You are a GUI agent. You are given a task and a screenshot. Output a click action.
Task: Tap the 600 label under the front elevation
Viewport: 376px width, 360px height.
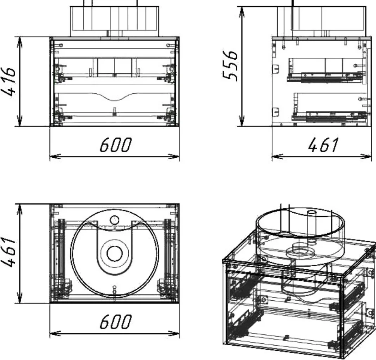point(116,145)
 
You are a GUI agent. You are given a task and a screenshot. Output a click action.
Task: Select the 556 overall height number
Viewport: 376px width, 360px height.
point(230,65)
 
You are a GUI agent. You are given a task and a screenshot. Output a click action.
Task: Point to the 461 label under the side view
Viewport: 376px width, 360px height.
point(323,145)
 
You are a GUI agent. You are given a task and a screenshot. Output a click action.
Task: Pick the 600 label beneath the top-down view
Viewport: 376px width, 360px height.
point(116,321)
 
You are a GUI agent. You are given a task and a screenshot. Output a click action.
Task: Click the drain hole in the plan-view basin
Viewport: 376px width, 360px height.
point(114,253)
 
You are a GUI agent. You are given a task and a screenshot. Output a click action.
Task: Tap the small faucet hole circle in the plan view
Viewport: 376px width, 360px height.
point(114,220)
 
